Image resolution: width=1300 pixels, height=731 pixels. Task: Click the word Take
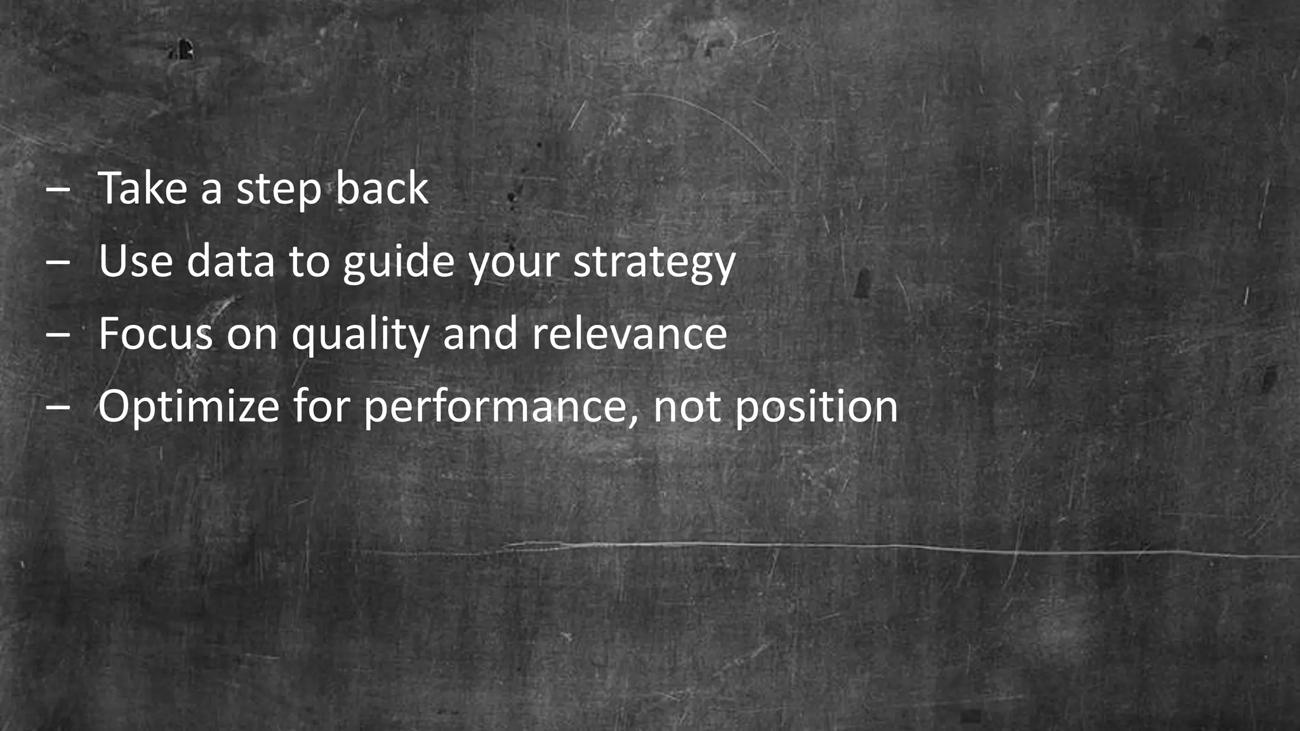point(142,188)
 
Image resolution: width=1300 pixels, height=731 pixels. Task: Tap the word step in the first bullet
point(279,190)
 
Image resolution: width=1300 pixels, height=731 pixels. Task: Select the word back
point(382,188)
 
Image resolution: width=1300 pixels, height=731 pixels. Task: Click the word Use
point(136,261)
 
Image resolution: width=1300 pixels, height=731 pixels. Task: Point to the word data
point(230,261)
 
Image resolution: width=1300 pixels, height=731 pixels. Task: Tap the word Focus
point(156,334)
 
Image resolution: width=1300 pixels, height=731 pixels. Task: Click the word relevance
point(629,334)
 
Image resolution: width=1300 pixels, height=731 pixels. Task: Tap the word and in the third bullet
point(481,334)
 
